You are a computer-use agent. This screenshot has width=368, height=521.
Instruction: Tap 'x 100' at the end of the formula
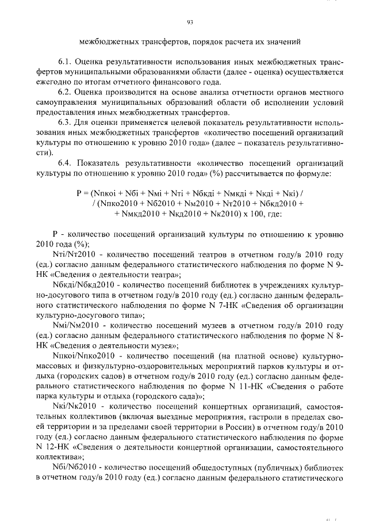[248, 213]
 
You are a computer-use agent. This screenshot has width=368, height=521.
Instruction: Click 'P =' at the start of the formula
[82, 193]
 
